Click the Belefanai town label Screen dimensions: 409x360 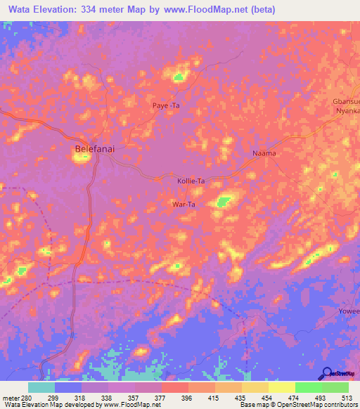[94, 148]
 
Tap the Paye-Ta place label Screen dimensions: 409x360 [167, 105]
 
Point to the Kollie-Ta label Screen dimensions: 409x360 [191, 181]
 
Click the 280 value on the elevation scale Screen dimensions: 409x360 [22, 397]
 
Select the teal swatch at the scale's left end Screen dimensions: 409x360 [41, 387]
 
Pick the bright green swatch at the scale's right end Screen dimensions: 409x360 [335, 387]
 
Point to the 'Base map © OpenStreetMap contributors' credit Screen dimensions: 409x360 [298, 405]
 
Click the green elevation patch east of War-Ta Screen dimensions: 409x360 [224, 202]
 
